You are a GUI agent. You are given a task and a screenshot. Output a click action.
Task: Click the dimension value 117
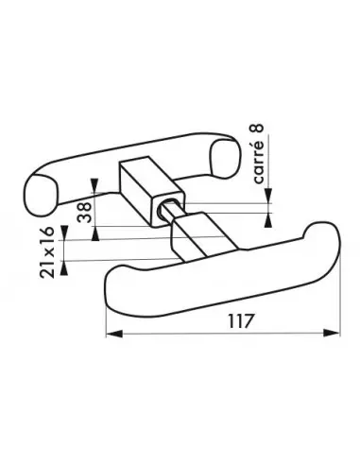click(226, 319)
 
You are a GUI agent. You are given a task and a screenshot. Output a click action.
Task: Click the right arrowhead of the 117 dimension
click(336, 333)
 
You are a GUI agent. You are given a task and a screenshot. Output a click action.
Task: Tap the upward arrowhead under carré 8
click(273, 210)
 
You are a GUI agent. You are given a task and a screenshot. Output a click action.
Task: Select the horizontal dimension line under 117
click(226, 333)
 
